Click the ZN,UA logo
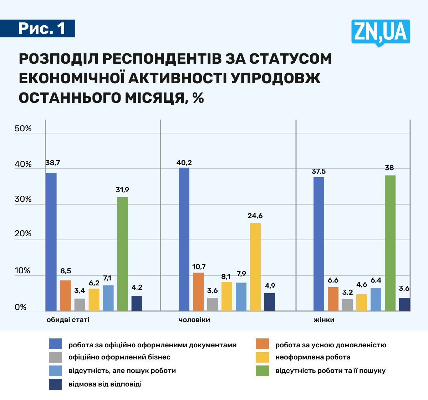tap(381, 32)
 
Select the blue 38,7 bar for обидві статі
tap(51, 242)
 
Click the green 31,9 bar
tap(122, 254)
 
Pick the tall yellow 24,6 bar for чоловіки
tap(255, 267)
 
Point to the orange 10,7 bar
tap(198, 291)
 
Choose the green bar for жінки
tap(390, 243)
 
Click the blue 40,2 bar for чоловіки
tap(184, 239)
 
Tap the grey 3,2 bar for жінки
tap(347, 305)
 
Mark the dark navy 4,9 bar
tap(270, 302)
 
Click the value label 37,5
tap(319, 172)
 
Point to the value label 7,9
tap(241, 274)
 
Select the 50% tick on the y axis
tap(23, 129)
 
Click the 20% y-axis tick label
tap(23, 234)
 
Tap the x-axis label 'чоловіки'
tap(194, 320)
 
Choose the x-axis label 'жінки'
tap(324, 320)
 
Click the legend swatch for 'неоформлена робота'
tap(262, 357)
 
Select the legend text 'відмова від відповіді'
tap(105, 384)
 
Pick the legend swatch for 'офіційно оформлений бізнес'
tap(55, 357)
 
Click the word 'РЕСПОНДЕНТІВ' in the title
tap(161, 59)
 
